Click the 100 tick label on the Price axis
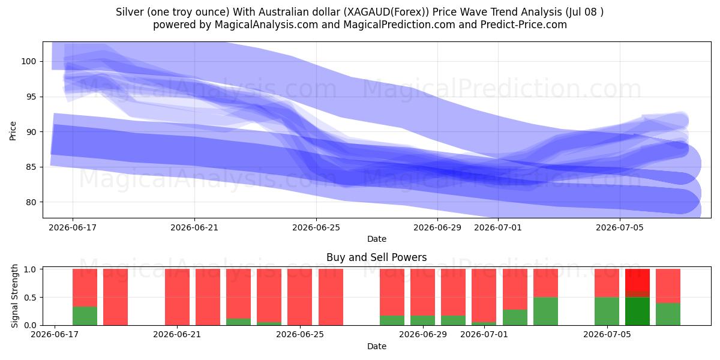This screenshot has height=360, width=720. point(29,61)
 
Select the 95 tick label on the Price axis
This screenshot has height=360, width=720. point(31,97)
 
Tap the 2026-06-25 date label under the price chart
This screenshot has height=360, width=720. point(316,227)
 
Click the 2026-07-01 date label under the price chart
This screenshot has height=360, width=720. point(498,227)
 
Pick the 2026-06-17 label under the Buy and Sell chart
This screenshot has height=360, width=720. point(55,334)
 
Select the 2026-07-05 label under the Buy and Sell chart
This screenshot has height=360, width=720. point(607,334)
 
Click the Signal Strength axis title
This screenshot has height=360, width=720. point(14,296)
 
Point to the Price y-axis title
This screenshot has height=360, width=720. point(13,131)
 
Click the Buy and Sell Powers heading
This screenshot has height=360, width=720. point(376,257)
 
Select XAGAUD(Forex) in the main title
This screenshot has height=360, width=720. point(384,12)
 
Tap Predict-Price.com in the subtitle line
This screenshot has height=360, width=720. point(524,25)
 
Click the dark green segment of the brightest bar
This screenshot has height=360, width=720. point(637,311)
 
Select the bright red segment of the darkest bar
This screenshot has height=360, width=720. point(637,280)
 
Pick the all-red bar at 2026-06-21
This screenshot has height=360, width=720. point(177,297)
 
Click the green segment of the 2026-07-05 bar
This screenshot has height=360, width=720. point(607,311)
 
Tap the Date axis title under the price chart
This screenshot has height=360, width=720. point(376,239)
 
